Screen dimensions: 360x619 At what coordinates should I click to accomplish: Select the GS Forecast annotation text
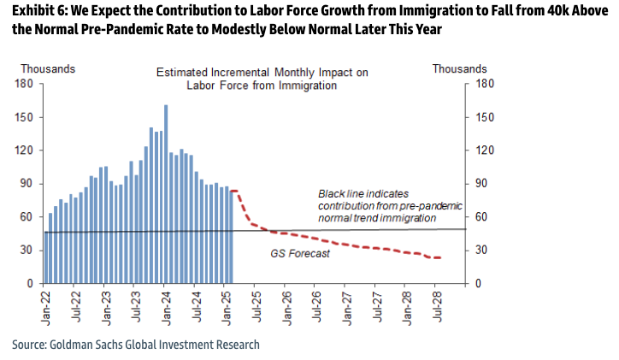tap(300, 253)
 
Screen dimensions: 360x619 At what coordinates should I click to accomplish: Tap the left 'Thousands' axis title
tap(47, 68)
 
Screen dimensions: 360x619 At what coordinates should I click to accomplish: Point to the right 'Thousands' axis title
tap(460, 68)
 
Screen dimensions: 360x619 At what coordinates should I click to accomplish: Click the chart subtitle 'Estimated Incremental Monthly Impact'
tap(262, 74)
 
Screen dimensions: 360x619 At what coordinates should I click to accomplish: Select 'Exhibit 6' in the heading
tap(39, 11)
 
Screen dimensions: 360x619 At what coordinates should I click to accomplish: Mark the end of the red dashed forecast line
tap(440, 257)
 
